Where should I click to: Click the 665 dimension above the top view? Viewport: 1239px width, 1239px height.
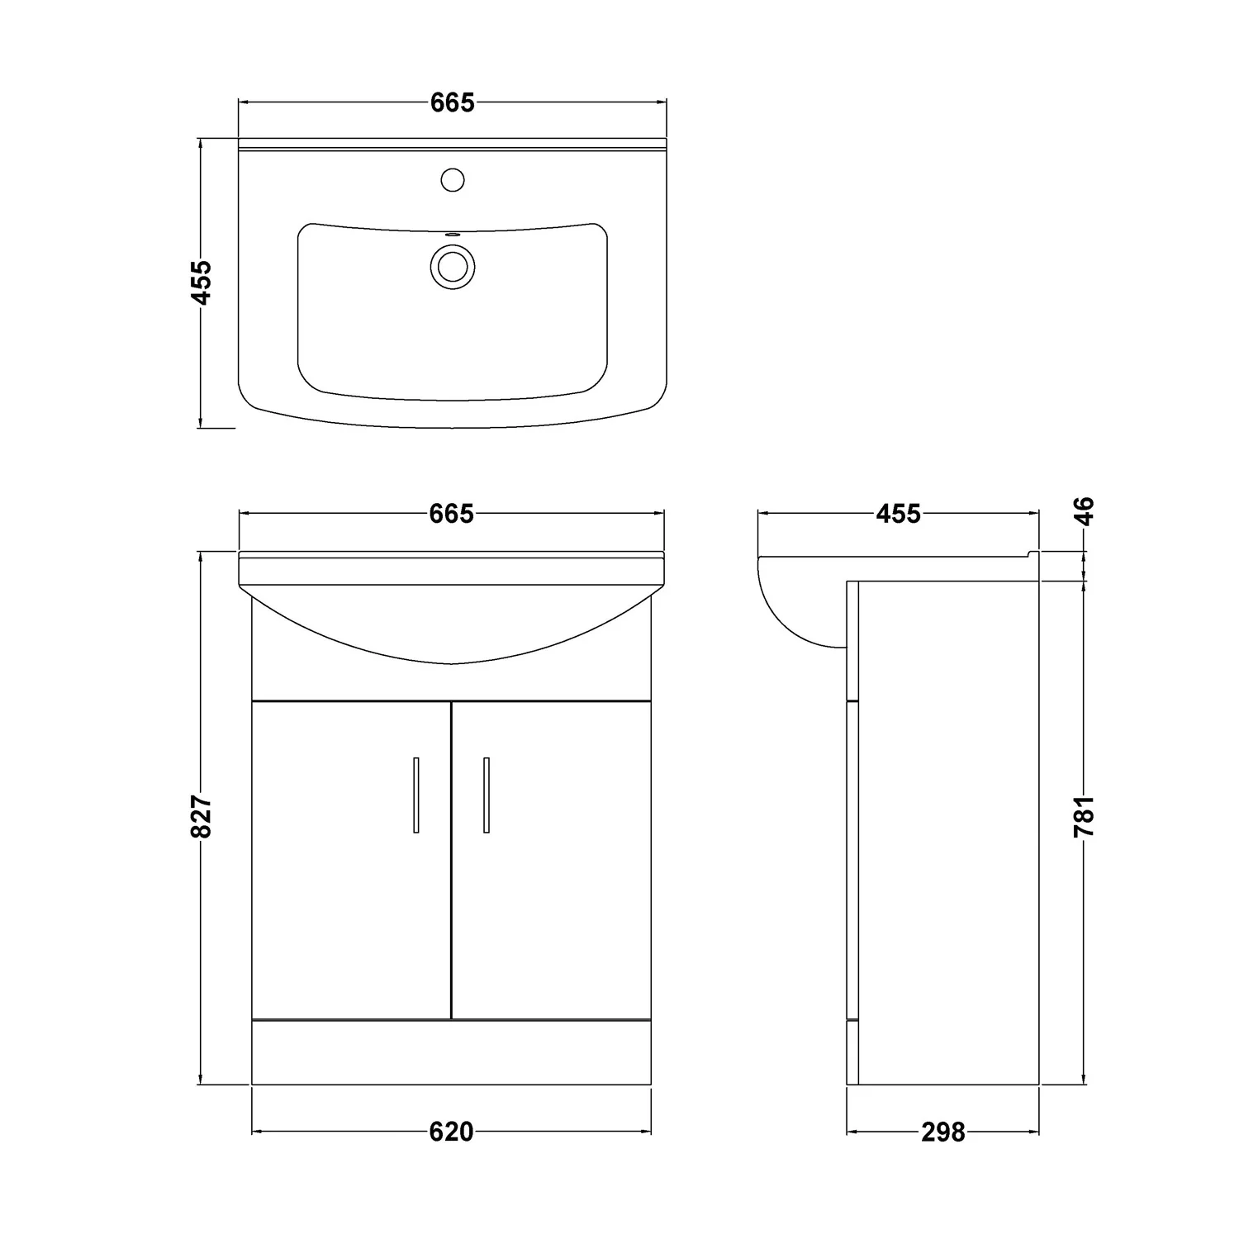[452, 103]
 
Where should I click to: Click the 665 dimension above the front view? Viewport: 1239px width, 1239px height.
[452, 514]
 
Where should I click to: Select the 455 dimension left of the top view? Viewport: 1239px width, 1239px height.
[202, 282]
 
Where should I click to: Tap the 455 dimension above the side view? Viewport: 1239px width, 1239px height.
[898, 514]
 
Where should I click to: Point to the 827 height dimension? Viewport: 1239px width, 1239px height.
[202, 818]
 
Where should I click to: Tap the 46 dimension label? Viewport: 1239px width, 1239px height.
[1084, 510]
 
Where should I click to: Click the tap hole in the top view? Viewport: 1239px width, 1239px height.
[452, 179]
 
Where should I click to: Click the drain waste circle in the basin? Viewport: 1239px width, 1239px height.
[452, 266]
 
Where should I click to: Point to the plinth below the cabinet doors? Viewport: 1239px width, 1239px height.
[452, 1051]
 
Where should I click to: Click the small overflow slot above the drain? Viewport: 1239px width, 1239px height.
[452, 235]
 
